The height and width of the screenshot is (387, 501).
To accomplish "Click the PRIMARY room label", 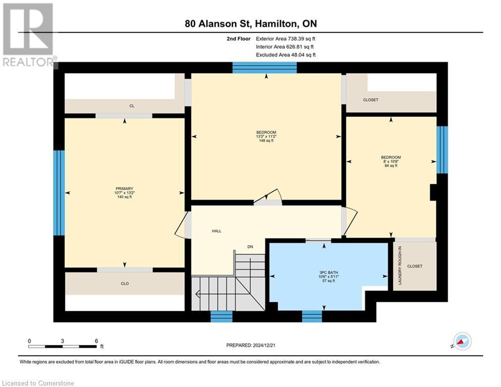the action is point(124,188).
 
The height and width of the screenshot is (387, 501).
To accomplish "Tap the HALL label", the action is point(217,231).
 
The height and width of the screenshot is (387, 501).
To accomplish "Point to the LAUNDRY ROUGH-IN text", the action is point(400,266).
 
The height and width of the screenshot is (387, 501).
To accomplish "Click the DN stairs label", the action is point(250,246).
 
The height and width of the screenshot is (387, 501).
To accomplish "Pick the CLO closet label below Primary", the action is point(124,283).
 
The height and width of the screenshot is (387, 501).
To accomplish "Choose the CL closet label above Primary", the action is point(132,106).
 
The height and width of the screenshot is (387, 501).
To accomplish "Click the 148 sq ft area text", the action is point(266,141).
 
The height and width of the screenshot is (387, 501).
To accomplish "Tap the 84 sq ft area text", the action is point(391,166).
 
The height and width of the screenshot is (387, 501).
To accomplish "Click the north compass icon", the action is point(462,341).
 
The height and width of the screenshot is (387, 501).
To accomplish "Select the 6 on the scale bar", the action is point(96,341).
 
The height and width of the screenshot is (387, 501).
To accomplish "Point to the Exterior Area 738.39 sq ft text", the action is point(285,39).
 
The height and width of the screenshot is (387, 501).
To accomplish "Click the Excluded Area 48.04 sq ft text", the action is point(285,55).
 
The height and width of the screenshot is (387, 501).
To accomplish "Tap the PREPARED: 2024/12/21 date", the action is point(251,345).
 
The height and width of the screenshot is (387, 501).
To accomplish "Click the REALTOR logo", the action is point(29,35).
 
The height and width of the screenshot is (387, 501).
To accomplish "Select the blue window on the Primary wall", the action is point(59,193).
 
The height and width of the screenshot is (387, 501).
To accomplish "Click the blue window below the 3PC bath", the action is point(312,316).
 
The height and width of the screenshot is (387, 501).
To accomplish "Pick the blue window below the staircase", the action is point(222,316).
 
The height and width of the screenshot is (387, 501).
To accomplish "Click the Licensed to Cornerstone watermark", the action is point(38,383).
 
